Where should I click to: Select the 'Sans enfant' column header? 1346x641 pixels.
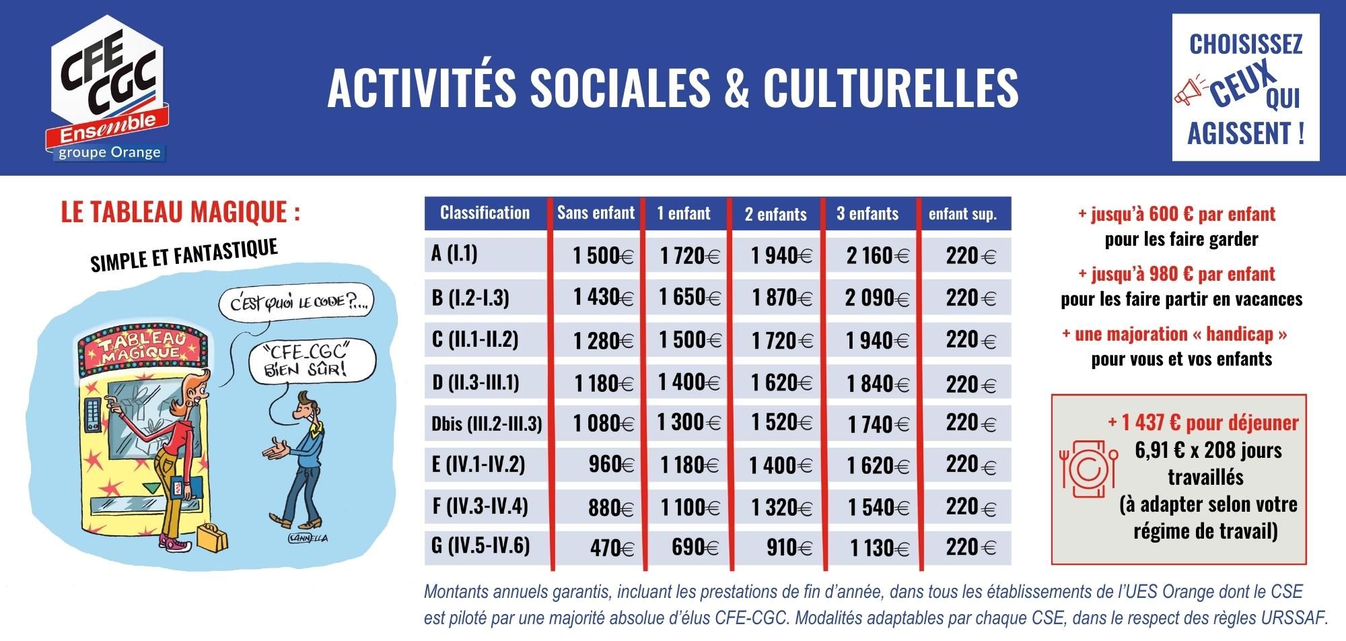[596, 213]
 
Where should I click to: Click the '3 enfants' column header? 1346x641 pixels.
[867, 214]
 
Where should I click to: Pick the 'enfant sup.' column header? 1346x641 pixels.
[962, 214]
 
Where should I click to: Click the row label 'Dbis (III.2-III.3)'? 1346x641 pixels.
[487, 424]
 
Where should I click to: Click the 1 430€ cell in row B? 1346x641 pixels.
[603, 297]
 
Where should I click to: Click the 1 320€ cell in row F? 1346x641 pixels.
[781, 506]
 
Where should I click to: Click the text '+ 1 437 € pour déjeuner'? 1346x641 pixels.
[1203, 422]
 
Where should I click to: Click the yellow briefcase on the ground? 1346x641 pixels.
[213, 537]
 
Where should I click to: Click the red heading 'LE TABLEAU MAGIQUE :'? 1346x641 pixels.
[180, 212]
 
